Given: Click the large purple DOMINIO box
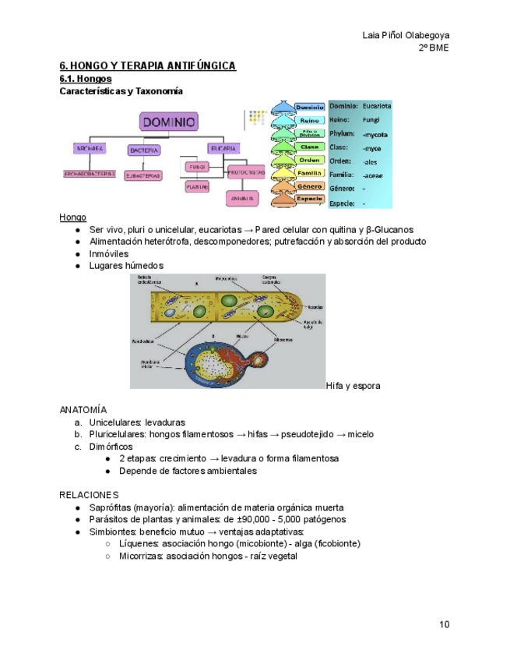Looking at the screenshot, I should [x=169, y=122].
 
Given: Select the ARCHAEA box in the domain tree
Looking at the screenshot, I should [x=90, y=149].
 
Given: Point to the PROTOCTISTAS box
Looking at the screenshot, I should [x=246, y=171].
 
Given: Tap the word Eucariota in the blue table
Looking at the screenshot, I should [x=377, y=105].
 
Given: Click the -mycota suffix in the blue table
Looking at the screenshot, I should [x=375, y=134].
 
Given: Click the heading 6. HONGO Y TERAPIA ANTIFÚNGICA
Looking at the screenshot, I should [x=148, y=66].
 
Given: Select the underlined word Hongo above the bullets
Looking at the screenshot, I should [x=72, y=217].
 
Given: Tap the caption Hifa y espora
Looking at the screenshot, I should [x=353, y=386].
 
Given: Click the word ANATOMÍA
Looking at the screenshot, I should [x=83, y=409].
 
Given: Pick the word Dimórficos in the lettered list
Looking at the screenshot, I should [x=111, y=447].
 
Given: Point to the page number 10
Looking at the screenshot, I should [x=444, y=624].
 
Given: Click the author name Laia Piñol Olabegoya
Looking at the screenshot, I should [x=406, y=35].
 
